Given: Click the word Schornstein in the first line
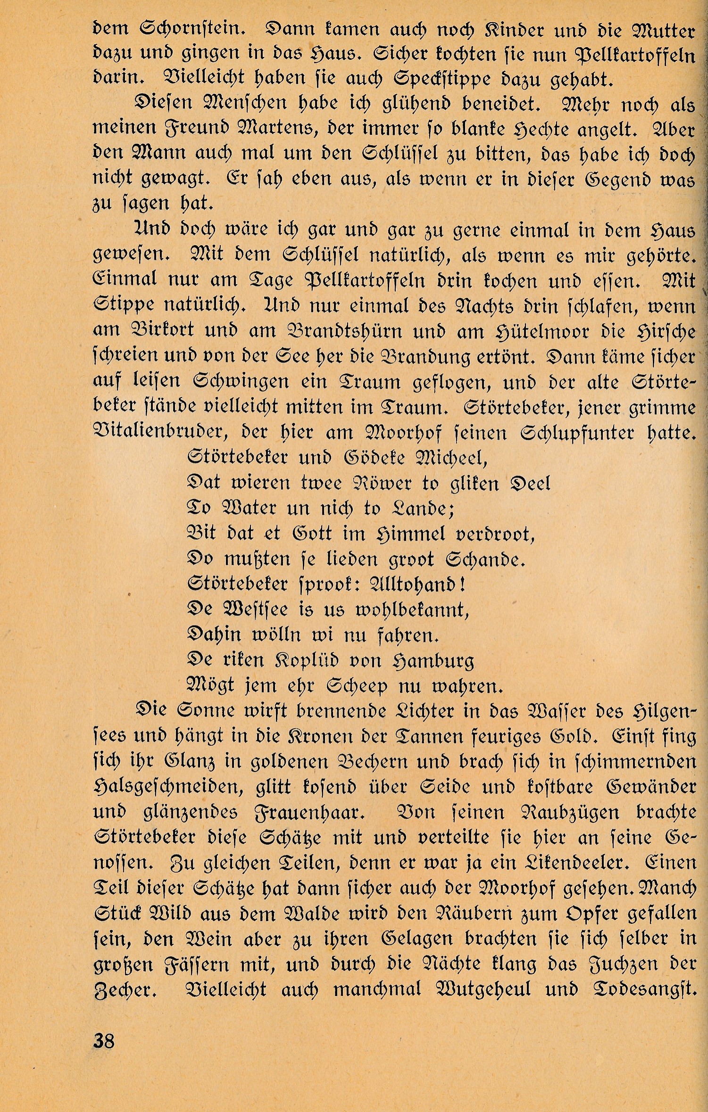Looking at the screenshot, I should click(x=192, y=29).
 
